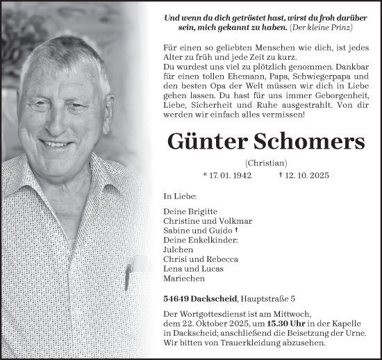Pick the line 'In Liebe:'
click(x=174, y=197)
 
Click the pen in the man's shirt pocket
click(x=127, y=277)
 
